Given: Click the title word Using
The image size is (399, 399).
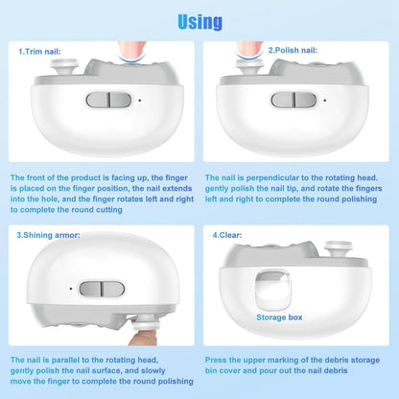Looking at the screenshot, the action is [x=199, y=22].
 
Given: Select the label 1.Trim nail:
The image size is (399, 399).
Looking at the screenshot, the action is [x=39, y=52].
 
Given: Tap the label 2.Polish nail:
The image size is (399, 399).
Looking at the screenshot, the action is [x=293, y=50].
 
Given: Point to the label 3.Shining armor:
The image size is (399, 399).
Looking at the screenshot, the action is [x=48, y=235].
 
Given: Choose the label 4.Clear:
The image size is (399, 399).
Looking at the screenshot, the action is [x=227, y=235].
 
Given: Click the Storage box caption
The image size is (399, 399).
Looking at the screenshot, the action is [x=279, y=317].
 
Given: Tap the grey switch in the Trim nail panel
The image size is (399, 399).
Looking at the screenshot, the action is [x=108, y=100].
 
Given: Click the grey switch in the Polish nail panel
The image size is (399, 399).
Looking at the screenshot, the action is [x=293, y=100].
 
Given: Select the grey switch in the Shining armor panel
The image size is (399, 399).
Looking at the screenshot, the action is [x=102, y=289].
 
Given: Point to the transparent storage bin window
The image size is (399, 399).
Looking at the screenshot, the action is [x=273, y=290].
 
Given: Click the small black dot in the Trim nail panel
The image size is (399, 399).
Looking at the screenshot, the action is [x=140, y=101].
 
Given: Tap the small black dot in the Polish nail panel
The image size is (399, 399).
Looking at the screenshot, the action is [x=325, y=101].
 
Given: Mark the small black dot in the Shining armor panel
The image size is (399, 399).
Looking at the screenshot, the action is [x=71, y=289].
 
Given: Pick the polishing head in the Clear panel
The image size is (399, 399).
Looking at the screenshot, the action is [x=339, y=249].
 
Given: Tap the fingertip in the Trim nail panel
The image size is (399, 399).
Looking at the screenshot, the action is [x=132, y=50].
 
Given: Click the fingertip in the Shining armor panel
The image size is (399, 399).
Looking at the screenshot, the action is [x=143, y=339].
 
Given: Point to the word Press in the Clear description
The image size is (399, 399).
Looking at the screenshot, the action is [x=216, y=360].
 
